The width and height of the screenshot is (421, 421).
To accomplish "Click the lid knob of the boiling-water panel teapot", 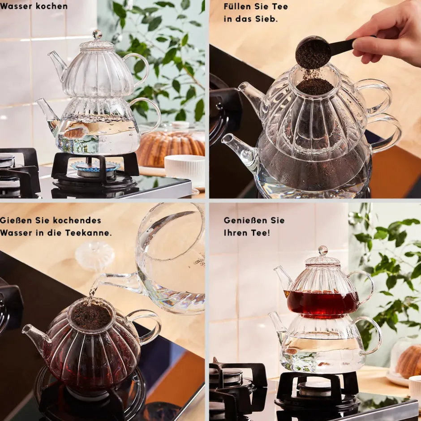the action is tap(97, 34).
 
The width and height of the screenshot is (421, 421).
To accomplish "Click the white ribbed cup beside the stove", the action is tap(185, 170).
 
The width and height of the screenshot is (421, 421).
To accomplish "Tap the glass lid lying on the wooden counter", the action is tap(95, 255).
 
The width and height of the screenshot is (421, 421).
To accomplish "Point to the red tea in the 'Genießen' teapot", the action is tap(322, 303).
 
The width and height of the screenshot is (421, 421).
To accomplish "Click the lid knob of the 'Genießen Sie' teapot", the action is tap(323, 250).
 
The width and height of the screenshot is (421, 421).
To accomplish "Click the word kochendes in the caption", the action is tap(77, 220).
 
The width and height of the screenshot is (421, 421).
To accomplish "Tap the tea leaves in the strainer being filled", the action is tap(315, 86).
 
